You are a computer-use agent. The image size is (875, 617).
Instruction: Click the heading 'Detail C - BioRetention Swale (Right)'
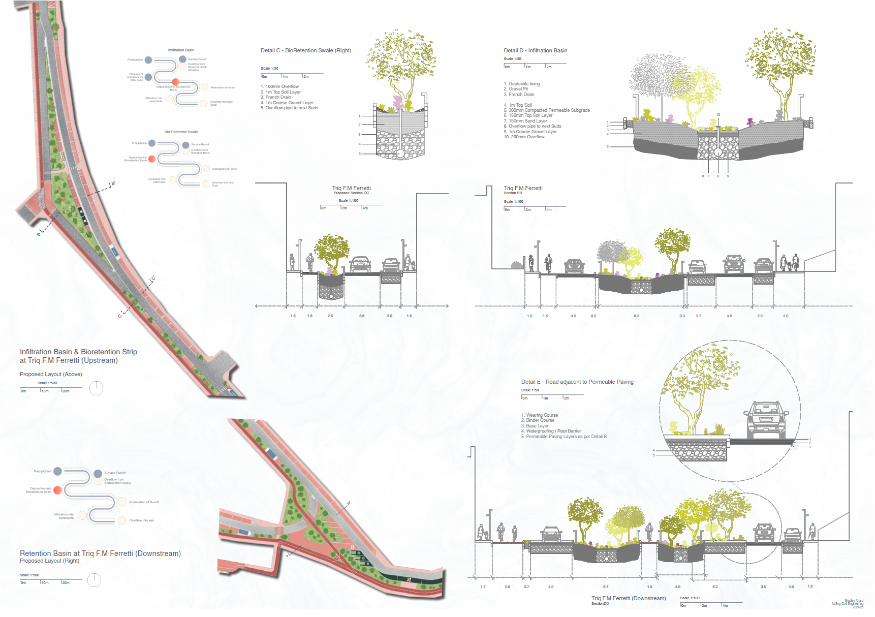(x=306, y=50)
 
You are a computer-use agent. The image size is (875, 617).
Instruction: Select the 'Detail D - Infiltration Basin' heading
(x=535, y=50)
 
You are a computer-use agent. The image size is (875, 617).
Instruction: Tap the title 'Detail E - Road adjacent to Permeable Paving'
(x=577, y=382)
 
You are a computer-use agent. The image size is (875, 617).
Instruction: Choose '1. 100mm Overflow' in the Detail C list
(x=280, y=86)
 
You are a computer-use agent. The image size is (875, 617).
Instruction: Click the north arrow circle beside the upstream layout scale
(x=96, y=388)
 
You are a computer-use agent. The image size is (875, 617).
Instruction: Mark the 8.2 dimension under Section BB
(x=636, y=316)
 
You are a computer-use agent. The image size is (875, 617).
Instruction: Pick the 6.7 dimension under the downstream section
(x=606, y=587)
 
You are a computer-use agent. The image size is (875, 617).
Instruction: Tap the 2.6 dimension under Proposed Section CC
(x=330, y=316)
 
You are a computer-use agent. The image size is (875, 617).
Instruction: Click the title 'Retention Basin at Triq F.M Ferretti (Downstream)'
(x=100, y=553)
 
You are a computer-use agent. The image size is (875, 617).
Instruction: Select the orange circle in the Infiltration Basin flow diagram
(x=176, y=82)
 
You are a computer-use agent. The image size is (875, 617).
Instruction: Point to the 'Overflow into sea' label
(x=141, y=520)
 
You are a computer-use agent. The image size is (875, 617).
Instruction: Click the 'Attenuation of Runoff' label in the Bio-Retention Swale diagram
(x=225, y=169)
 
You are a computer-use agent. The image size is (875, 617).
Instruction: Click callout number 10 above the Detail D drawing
(x=718, y=115)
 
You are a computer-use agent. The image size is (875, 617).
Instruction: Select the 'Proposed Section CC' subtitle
(x=351, y=193)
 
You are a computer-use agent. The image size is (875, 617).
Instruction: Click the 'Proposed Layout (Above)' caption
(x=51, y=374)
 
